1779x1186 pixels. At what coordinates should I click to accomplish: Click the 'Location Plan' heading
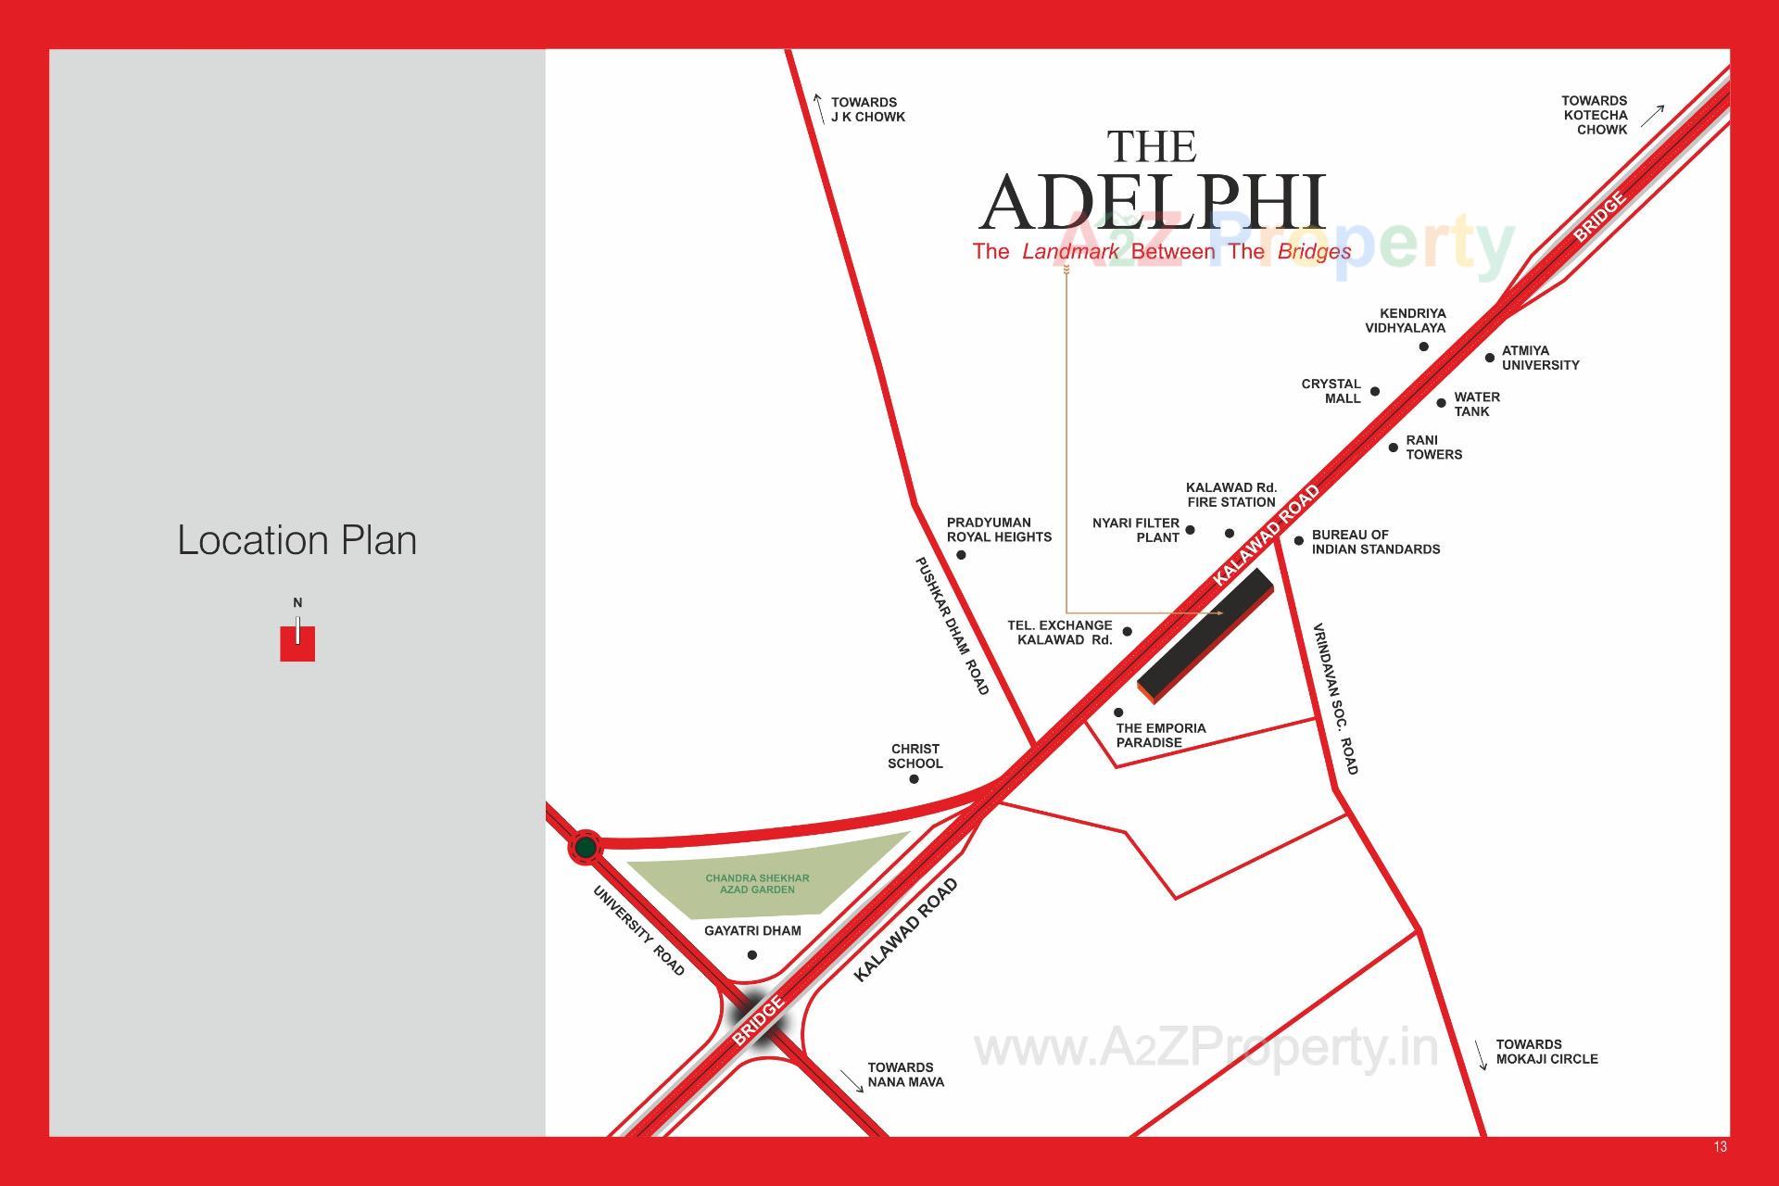tap(296, 540)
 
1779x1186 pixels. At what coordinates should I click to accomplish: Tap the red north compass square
tap(297, 643)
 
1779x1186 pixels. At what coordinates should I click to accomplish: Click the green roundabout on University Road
tap(585, 847)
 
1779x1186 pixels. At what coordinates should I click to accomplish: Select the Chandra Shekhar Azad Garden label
tap(757, 884)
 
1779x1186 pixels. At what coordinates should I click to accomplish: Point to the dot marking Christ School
tap(914, 779)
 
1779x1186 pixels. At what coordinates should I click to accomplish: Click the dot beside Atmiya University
tap(1490, 358)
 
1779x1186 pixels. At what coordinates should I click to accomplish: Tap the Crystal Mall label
tap(1331, 391)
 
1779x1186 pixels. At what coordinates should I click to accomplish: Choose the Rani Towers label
tap(1433, 448)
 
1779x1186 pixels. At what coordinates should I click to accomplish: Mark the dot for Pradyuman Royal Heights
tap(961, 555)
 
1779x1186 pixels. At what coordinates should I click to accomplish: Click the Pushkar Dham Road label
tap(952, 625)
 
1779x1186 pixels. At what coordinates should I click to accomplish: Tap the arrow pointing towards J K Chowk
tap(819, 107)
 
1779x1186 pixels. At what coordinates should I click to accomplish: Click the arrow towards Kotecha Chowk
tap(1652, 116)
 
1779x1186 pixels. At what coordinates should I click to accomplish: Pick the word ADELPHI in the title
tap(1153, 202)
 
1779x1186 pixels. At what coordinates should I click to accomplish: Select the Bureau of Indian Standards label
tap(1375, 542)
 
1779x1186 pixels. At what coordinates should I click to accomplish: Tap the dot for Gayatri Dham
tap(751, 955)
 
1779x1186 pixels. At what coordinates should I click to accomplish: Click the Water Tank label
tap(1476, 404)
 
